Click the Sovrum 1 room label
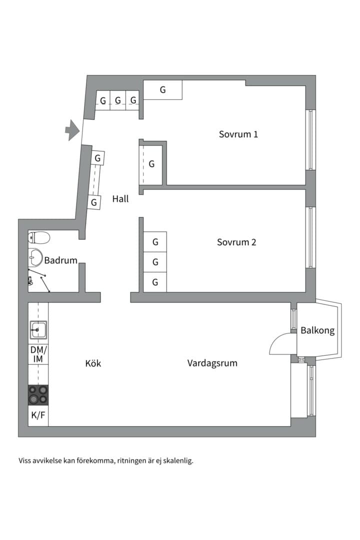pos(238,134)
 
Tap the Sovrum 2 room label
pos(236,242)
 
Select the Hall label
pos(120,198)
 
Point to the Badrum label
pos(60,260)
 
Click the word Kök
pos(93,363)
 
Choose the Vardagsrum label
pos(212,363)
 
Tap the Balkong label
pos(317,330)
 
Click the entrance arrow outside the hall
pos(72,130)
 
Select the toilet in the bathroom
pos(39,237)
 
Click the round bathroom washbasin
pos(35,256)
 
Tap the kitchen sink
pos(38,329)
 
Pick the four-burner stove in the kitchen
pos(38,394)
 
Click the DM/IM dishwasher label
pos(38,354)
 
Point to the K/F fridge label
pos(38,415)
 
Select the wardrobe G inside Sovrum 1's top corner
pos(162,90)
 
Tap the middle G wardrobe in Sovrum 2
pos(155,262)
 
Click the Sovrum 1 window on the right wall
pos(310,139)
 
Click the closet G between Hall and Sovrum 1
pos(151,164)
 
